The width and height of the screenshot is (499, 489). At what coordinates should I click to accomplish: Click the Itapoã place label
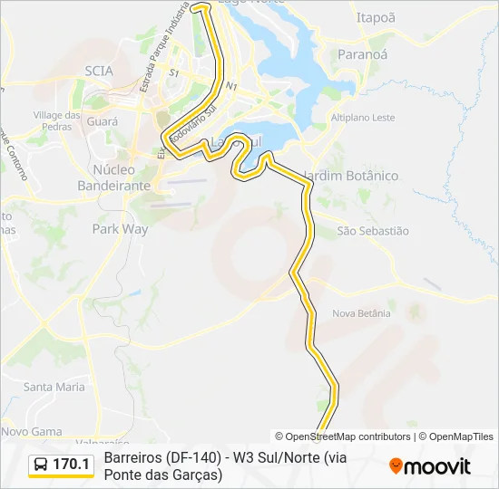pos(376,17)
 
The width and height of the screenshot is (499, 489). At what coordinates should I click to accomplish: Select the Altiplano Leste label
pos(363,118)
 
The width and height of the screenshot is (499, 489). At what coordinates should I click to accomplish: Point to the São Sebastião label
pos(373,231)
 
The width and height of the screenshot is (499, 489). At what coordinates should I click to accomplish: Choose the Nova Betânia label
pos(361,313)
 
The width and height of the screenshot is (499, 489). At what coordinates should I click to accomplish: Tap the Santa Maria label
pos(54,387)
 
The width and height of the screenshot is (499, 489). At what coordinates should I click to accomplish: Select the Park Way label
pos(120,229)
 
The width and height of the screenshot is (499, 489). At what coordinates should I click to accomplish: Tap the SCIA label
pos(99,70)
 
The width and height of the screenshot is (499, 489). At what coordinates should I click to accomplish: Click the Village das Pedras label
pos(57,120)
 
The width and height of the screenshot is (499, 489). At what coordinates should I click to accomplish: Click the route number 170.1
pos(72,465)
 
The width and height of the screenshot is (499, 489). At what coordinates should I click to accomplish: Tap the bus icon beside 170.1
pos(41,465)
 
